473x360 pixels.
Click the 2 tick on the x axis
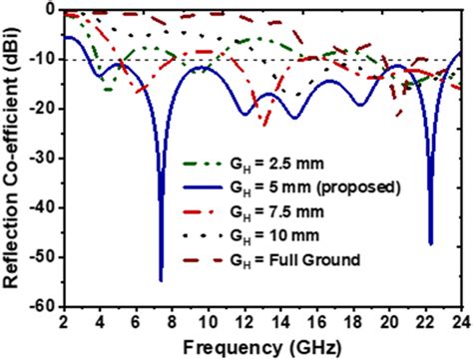63,322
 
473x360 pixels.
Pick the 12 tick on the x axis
242,322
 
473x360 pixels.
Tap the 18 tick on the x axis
350,322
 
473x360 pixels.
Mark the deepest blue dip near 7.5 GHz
161,280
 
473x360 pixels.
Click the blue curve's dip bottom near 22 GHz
430,242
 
